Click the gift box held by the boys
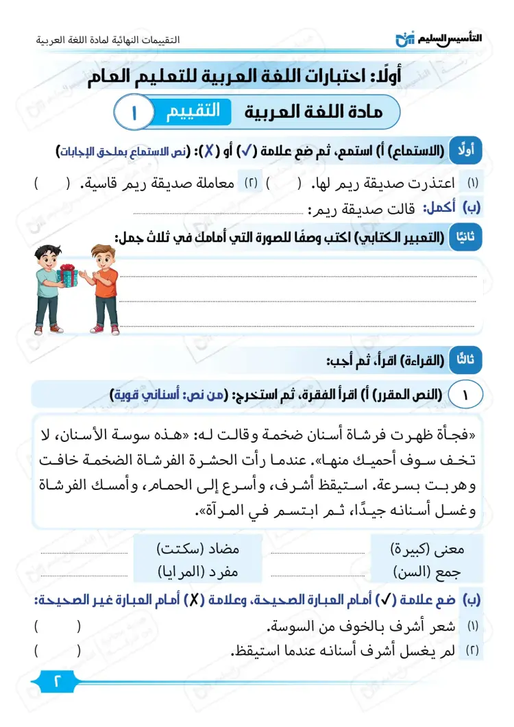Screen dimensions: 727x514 pyautogui.click(x=67, y=275)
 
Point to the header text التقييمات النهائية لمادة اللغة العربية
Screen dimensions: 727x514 pyautogui.click(x=108, y=40)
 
